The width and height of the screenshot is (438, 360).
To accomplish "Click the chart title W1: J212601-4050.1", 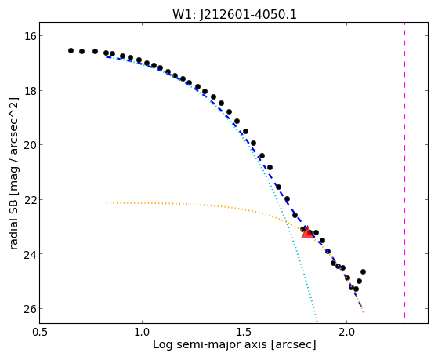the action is click(234, 14).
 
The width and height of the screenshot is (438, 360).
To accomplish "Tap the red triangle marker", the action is click(307, 232).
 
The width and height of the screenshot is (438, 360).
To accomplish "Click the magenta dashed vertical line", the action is click(404, 173).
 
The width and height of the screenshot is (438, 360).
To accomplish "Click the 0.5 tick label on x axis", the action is click(40, 332).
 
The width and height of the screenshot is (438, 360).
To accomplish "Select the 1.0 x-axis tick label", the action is click(142, 332).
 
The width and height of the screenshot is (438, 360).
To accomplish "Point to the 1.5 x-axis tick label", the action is click(244, 332).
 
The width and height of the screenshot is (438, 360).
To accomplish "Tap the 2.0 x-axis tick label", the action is click(346, 332).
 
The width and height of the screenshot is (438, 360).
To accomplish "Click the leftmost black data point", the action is click(71, 51).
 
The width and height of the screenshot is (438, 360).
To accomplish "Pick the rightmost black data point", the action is click(363, 271).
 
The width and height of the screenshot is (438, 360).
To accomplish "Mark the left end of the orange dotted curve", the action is click(107, 202).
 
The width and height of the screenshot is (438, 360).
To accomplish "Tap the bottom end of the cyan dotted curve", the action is click(317, 321).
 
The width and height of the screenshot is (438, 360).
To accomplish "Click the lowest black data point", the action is click(356, 289).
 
